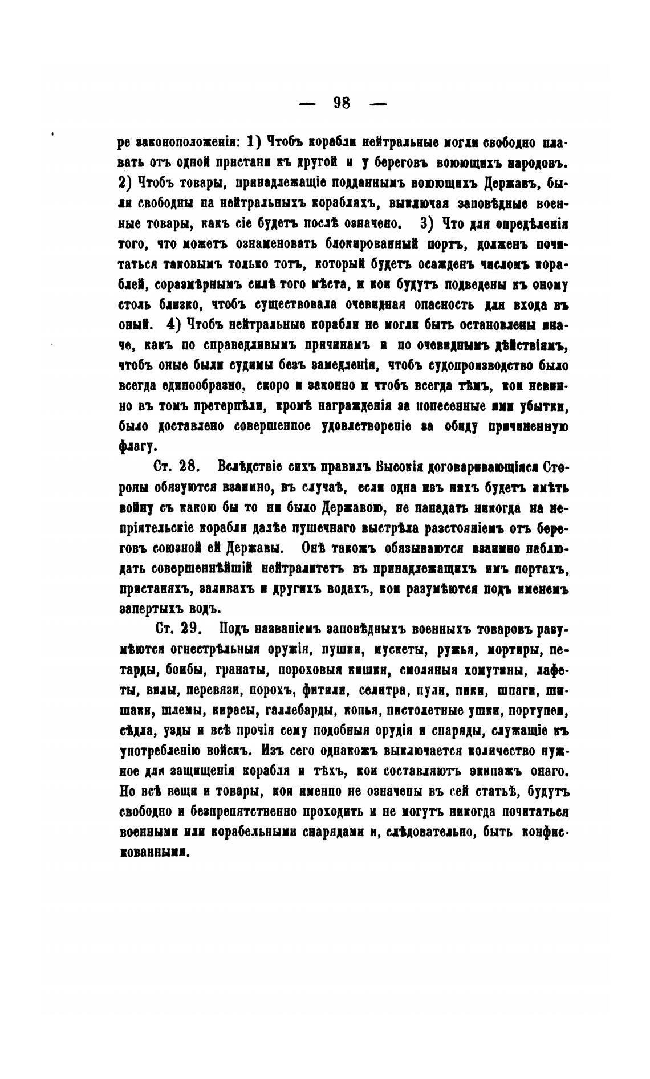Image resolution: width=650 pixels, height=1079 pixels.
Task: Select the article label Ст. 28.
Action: pos(176,466)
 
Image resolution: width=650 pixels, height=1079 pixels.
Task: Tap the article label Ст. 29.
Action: pos(176,628)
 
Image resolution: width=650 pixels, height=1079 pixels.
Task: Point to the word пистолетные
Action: pos(420,710)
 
